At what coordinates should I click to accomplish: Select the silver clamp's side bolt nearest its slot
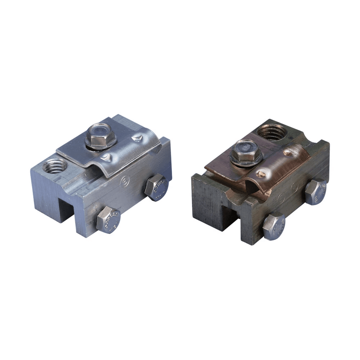click(x=108, y=220)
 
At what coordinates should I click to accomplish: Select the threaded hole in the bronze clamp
click(x=273, y=132)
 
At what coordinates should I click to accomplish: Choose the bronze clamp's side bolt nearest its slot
click(x=274, y=226)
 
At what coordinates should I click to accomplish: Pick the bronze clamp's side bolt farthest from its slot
click(x=316, y=191)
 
